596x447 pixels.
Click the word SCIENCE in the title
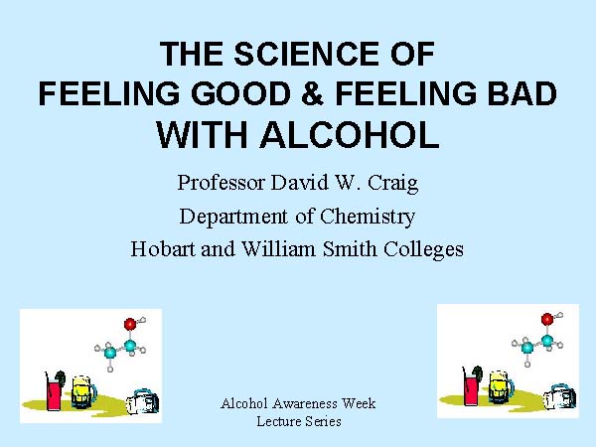tap(306, 54)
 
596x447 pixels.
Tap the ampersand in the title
tap(313, 93)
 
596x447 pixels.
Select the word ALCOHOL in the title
tap(350, 135)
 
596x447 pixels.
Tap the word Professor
tap(221, 183)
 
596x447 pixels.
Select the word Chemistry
tap(368, 217)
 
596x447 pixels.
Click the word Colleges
tap(423, 250)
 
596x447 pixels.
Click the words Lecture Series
tap(299, 421)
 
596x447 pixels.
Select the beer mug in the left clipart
tap(82, 391)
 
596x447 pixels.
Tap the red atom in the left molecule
tap(130, 324)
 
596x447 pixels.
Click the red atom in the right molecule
tap(547, 319)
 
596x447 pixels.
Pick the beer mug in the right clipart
tap(501, 387)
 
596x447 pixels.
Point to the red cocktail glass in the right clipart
tap(471, 387)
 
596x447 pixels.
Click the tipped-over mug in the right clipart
tap(559, 397)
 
